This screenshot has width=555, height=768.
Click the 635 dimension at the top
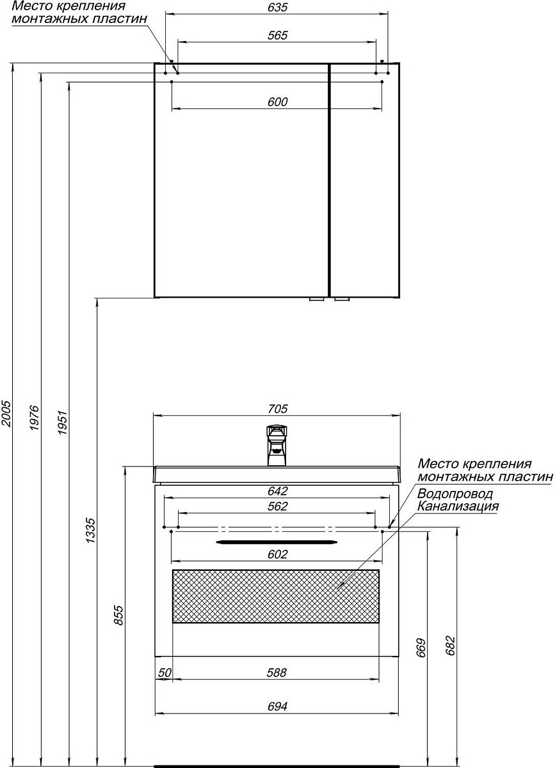(x=278, y=8)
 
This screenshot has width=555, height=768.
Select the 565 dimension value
(x=278, y=36)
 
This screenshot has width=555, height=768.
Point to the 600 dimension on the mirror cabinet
(x=278, y=102)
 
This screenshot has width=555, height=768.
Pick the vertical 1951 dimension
(x=62, y=422)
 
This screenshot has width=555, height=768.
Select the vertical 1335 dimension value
(x=90, y=531)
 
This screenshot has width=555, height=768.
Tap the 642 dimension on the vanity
(x=278, y=492)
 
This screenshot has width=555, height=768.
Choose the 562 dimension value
(x=278, y=506)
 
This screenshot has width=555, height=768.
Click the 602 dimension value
(x=278, y=554)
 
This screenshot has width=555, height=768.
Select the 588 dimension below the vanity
(x=277, y=673)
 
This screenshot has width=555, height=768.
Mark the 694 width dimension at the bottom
(x=277, y=707)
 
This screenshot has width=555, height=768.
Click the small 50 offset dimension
(x=165, y=673)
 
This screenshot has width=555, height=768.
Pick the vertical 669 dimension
(x=421, y=649)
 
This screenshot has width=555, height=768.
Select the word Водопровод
(x=455, y=495)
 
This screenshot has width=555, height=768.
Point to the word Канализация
(x=458, y=506)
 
